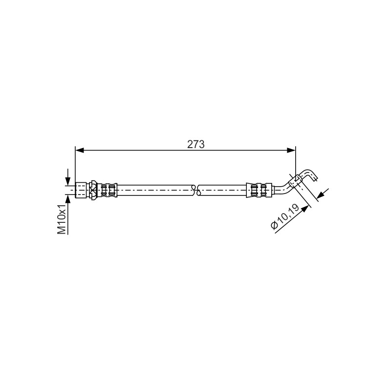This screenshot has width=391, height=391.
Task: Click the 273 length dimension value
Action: (196, 144)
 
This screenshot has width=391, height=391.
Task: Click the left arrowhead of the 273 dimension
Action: (79, 151)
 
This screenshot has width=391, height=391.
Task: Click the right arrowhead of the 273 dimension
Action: (291, 151)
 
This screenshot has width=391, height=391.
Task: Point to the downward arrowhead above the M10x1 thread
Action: (67, 181)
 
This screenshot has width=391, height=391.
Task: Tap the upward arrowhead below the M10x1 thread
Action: (67, 199)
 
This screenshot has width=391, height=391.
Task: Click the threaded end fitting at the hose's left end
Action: (81, 190)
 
